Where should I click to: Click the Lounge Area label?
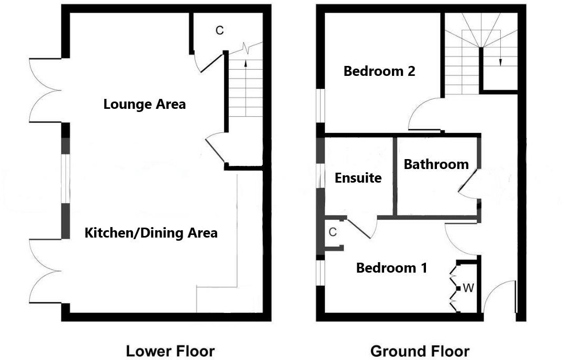[x=144, y=104]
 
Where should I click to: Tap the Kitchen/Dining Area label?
[x=151, y=233]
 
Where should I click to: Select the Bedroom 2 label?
[x=379, y=71]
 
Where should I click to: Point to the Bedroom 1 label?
[x=391, y=268]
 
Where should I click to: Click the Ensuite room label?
[x=358, y=178]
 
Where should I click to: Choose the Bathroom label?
[x=436, y=164]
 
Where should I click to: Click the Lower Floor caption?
[x=170, y=351]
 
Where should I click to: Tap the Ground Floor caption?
[x=420, y=351]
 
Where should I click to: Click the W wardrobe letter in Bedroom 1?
[x=468, y=287]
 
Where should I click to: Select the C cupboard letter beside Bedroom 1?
[x=332, y=232]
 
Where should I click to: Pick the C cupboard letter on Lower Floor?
[x=220, y=31]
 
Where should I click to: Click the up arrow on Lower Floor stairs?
[x=245, y=65]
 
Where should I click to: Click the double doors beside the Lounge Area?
[x=46, y=90]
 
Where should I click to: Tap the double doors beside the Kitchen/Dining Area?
[x=46, y=271]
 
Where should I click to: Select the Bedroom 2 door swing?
[x=424, y=114]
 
